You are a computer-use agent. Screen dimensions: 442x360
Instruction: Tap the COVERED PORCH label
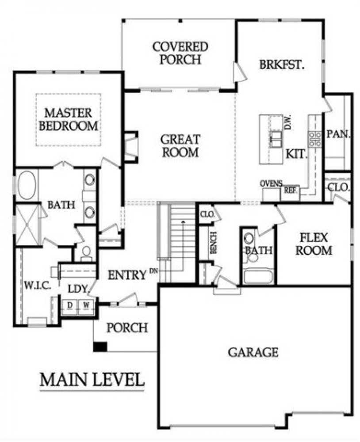180,53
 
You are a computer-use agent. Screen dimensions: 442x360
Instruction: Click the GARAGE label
253,352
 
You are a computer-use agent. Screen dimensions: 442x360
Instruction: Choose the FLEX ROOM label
314,244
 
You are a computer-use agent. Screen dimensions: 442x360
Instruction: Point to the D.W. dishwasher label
288,122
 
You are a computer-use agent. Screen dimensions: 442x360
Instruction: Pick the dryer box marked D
69,305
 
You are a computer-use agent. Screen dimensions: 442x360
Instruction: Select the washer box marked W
86,305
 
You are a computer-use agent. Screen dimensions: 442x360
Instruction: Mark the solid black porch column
100,347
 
